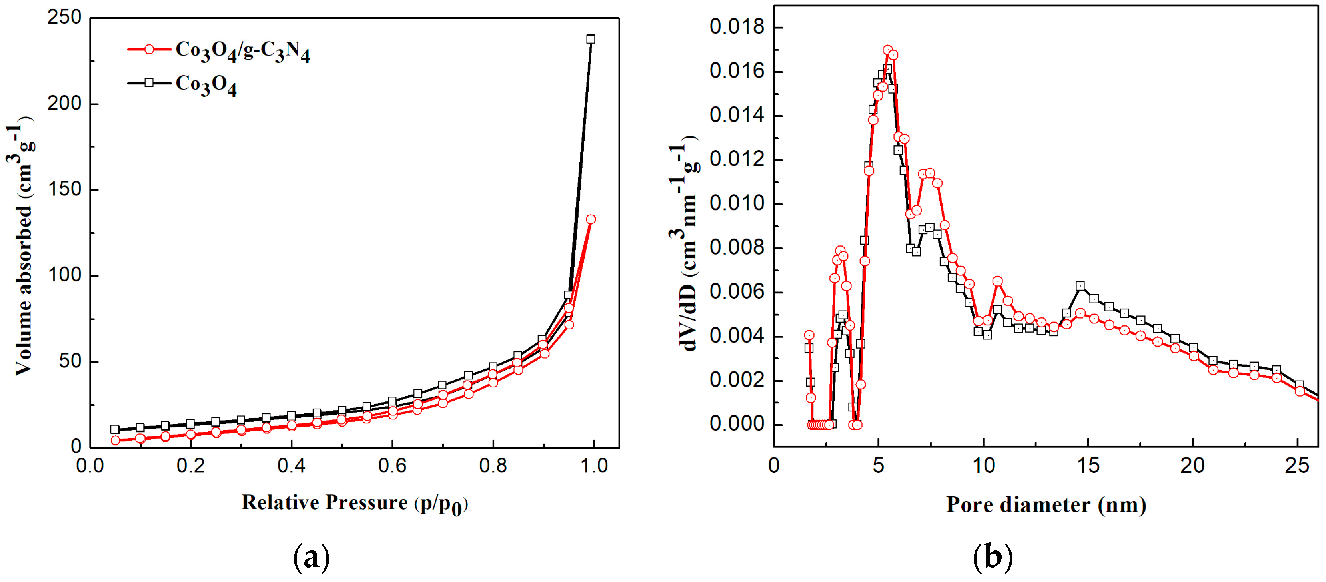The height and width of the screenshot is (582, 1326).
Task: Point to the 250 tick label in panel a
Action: [x=64, y=18]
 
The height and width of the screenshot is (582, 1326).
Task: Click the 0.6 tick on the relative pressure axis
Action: [x=392, y=466]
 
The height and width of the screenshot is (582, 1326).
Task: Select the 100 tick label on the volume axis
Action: [x=64, y=275]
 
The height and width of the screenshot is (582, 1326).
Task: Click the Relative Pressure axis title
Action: [x=355, y=503]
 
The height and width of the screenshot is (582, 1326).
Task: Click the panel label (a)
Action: [x=311, y=558]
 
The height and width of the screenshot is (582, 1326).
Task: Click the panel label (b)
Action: [x=993, y=558]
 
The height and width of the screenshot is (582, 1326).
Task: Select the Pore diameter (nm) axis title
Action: [x=1046, y=505]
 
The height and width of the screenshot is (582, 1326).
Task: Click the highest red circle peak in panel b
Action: [x=887, y=50]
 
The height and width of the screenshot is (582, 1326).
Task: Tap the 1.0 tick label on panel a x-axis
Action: [x=594, y=466]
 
